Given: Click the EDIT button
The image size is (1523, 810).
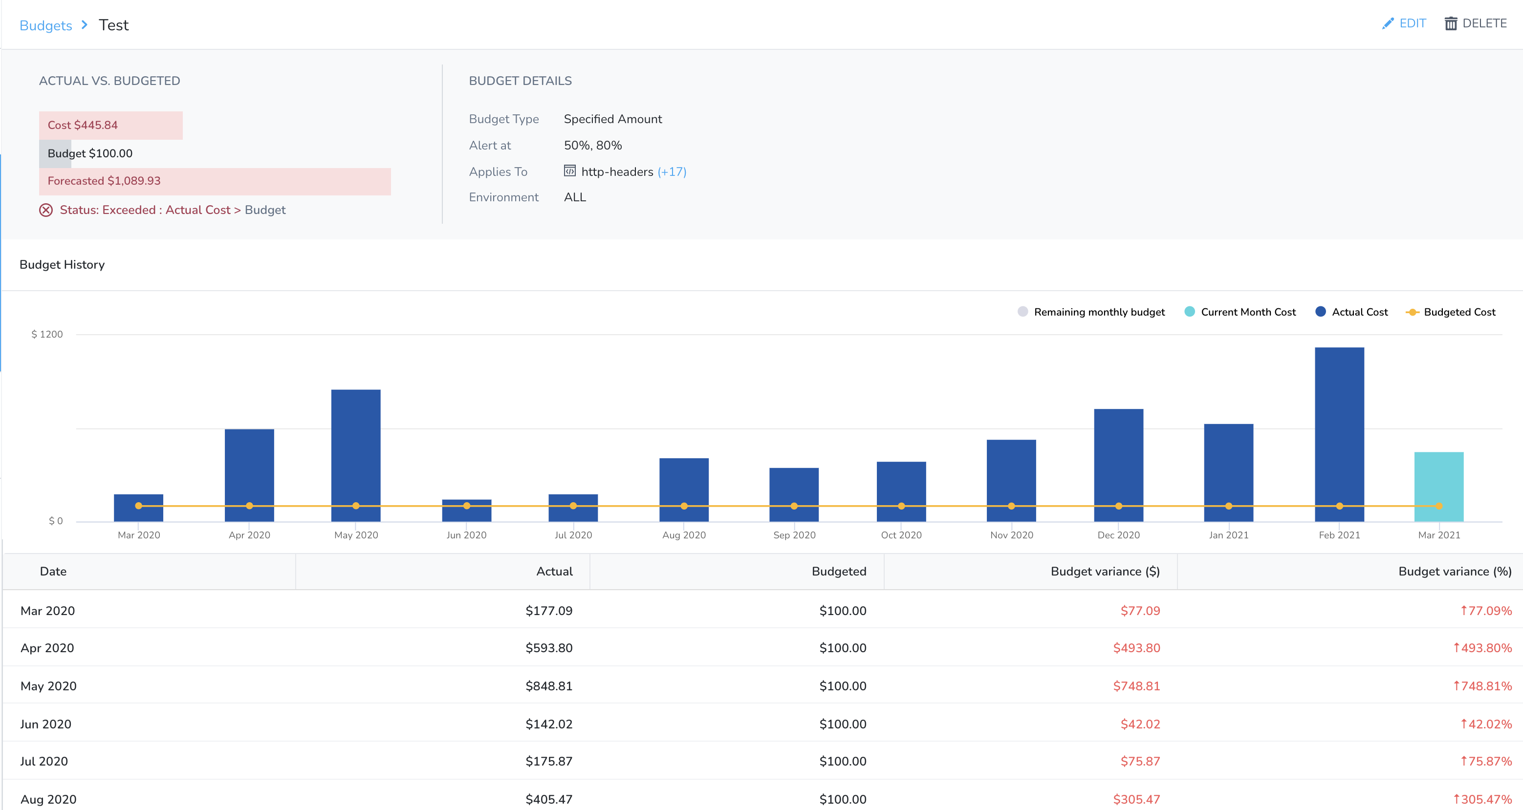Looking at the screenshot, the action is [1404, 23].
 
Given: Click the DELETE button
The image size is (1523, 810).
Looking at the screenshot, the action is [1476, 23].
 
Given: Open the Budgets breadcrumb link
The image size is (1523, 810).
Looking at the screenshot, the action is [45, 25].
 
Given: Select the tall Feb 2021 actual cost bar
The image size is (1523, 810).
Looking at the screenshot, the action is [1339, 434].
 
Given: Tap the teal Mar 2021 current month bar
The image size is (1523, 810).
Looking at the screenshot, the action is [1438, 487].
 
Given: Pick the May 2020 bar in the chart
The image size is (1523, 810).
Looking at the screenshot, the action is [356, 455].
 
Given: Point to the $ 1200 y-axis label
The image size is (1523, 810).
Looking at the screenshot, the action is [47, 334].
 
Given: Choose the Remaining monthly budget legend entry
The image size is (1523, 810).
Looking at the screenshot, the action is [1091, 312].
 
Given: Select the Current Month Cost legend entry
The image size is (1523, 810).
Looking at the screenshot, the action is [1240, 312].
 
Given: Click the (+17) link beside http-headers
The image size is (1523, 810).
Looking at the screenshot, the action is [672, 172].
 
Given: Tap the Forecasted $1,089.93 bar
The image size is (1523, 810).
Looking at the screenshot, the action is [215, 181].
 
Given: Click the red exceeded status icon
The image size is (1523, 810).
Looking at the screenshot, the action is [46, 211].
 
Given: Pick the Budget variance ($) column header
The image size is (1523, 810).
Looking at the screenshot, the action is [1105, 571].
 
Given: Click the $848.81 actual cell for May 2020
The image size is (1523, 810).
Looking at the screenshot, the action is [549, 686].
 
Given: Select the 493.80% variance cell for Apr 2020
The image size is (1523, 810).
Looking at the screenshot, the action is [1482, 648].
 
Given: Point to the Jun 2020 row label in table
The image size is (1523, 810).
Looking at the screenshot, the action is [45, 725].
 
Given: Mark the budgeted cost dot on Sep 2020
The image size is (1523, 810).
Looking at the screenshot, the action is [794, 506].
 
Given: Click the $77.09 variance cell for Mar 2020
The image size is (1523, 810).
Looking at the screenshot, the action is [1140, 611].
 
